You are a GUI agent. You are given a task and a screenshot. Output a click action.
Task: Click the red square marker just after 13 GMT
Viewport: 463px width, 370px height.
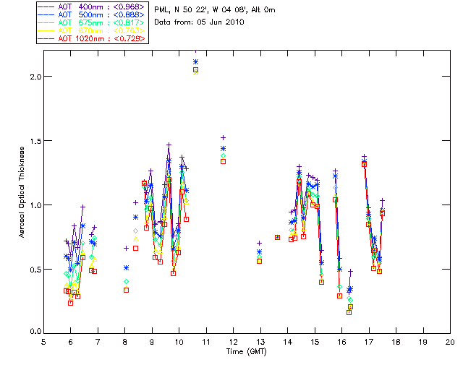(x=259, y=261)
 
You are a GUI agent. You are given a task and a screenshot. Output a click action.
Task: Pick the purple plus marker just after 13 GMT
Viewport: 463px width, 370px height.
(x=259, y=244)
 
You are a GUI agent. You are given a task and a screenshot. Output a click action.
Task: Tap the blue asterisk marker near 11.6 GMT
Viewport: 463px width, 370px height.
(x=223, y=149)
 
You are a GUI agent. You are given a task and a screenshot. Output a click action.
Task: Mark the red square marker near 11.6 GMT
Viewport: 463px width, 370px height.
(x=223, y=161)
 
